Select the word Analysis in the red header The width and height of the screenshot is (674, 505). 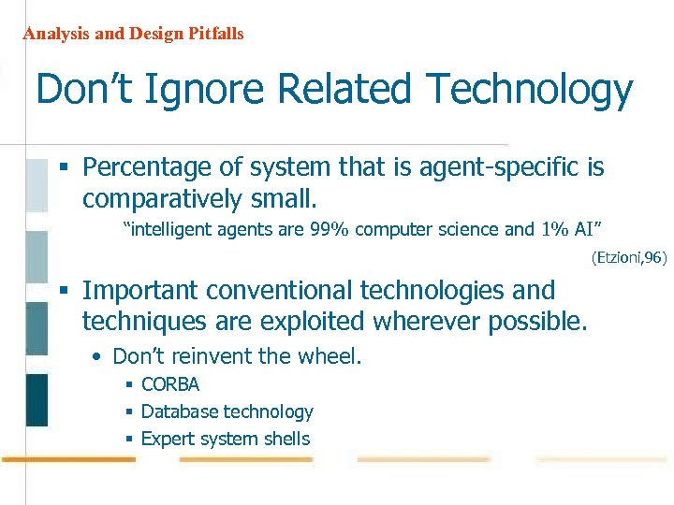coord(54,34)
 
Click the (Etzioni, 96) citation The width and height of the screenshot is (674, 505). coord(628,257)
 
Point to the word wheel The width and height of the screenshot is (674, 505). coord(332,356)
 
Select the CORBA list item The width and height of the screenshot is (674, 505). coord(169,384)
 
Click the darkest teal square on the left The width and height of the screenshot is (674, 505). coord(37,399)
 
